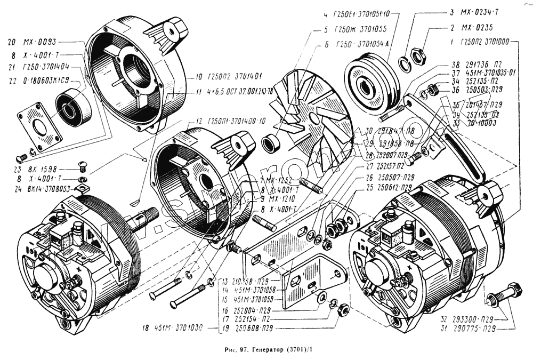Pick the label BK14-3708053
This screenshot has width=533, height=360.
(x=48, y=188)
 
